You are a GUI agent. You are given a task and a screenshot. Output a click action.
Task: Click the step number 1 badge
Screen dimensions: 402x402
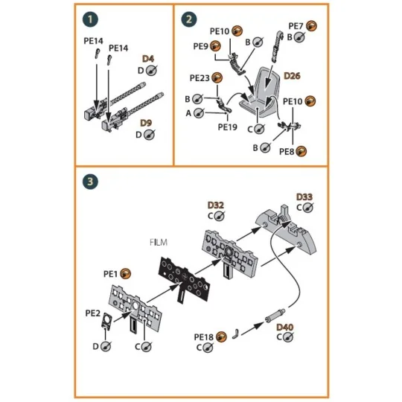click(x=91, y=19)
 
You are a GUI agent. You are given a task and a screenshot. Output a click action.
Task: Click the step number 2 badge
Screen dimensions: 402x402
click(x=191, y=19)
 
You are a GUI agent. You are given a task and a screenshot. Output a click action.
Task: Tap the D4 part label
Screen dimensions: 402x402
click(x=148, y=58)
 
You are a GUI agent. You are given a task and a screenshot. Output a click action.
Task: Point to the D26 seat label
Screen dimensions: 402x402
click(x=293, y=76)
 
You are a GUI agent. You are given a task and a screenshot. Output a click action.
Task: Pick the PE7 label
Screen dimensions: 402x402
click(x=296, y=25)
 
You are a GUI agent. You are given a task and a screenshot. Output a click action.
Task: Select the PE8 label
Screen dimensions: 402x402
click(x=287, y=151)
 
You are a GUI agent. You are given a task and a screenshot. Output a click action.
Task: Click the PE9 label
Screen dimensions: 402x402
click(x=200, y=46)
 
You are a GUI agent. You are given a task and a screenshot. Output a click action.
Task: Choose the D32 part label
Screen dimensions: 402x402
click(x=215, y=205)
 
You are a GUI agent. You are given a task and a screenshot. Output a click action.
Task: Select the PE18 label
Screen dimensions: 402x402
click(x=204, y=337)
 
